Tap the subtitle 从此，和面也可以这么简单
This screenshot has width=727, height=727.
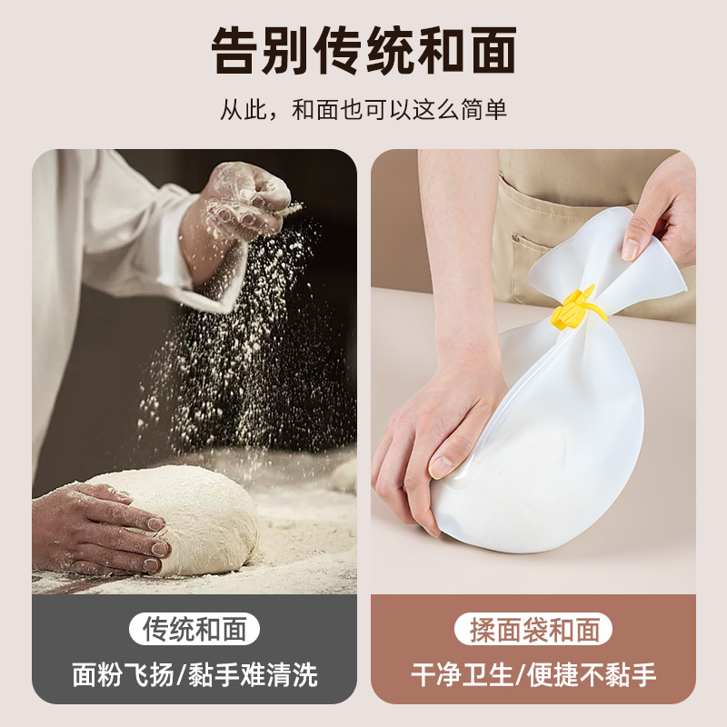[x=363, y=111]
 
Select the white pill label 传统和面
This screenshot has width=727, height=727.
[x=194, y=628]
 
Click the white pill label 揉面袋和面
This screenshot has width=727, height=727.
[x=533, y=628]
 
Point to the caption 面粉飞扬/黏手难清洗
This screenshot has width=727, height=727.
[x=194, y=674]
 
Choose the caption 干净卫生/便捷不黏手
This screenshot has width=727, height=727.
[x=533, y=674]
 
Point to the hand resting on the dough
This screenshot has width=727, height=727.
[x=100, y=527]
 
